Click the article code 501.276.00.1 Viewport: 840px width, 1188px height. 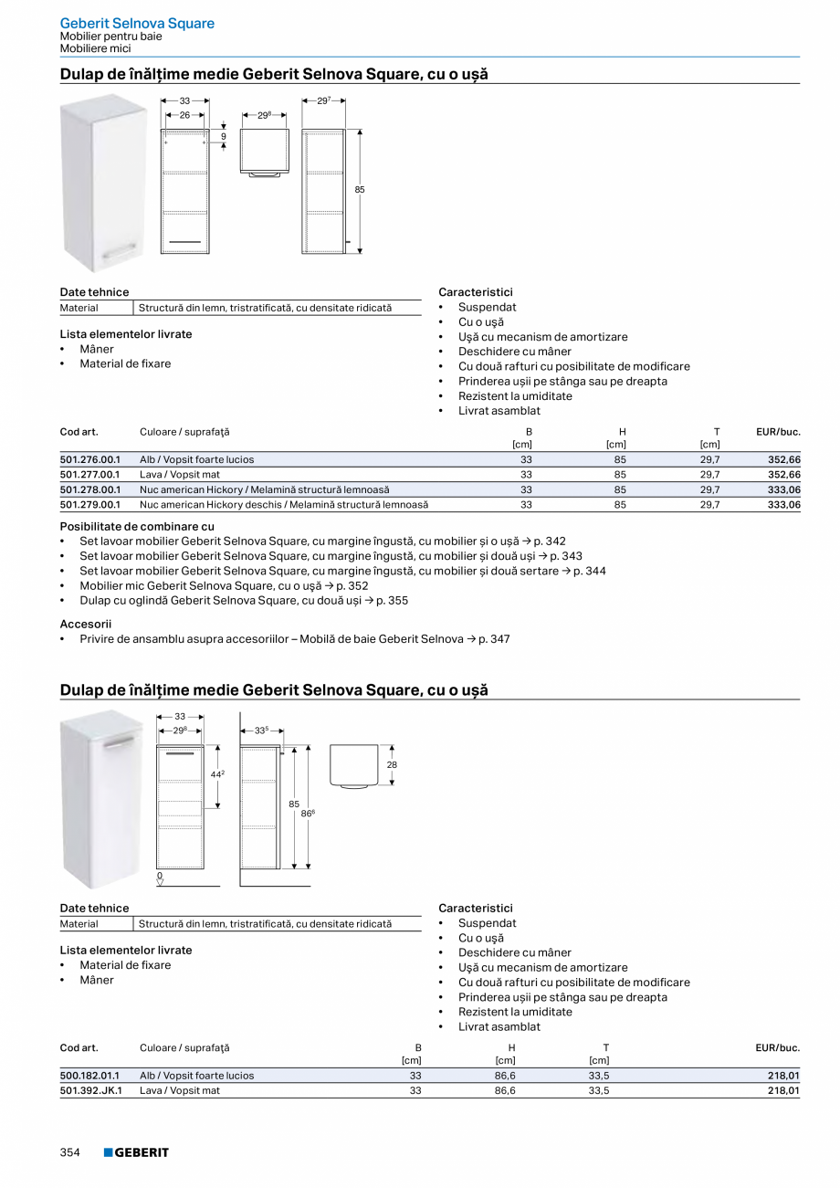point(89,459)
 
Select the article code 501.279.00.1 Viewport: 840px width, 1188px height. point(89,504)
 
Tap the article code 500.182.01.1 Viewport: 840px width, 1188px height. point(89,1076)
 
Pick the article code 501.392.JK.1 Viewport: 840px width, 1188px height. point(90,1090)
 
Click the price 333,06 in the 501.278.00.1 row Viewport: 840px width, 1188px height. point(783,489)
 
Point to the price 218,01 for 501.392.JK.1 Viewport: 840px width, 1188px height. point(783,1090)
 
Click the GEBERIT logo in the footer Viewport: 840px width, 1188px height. point(136,1152)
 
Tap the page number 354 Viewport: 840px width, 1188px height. point(70,1152)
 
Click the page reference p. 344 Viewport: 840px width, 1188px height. point(589,571)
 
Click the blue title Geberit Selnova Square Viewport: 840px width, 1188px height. point(137,23)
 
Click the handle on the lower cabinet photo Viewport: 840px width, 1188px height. point(119,746)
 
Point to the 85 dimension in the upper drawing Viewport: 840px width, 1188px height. point(360,189)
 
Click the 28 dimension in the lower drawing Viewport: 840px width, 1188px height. point(392,764)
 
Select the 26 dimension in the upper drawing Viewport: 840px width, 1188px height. point(184,116)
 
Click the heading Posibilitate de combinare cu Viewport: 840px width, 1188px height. point(137,526)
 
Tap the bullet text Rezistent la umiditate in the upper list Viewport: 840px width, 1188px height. point(515,396)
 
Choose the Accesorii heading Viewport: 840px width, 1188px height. point(85,624)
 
